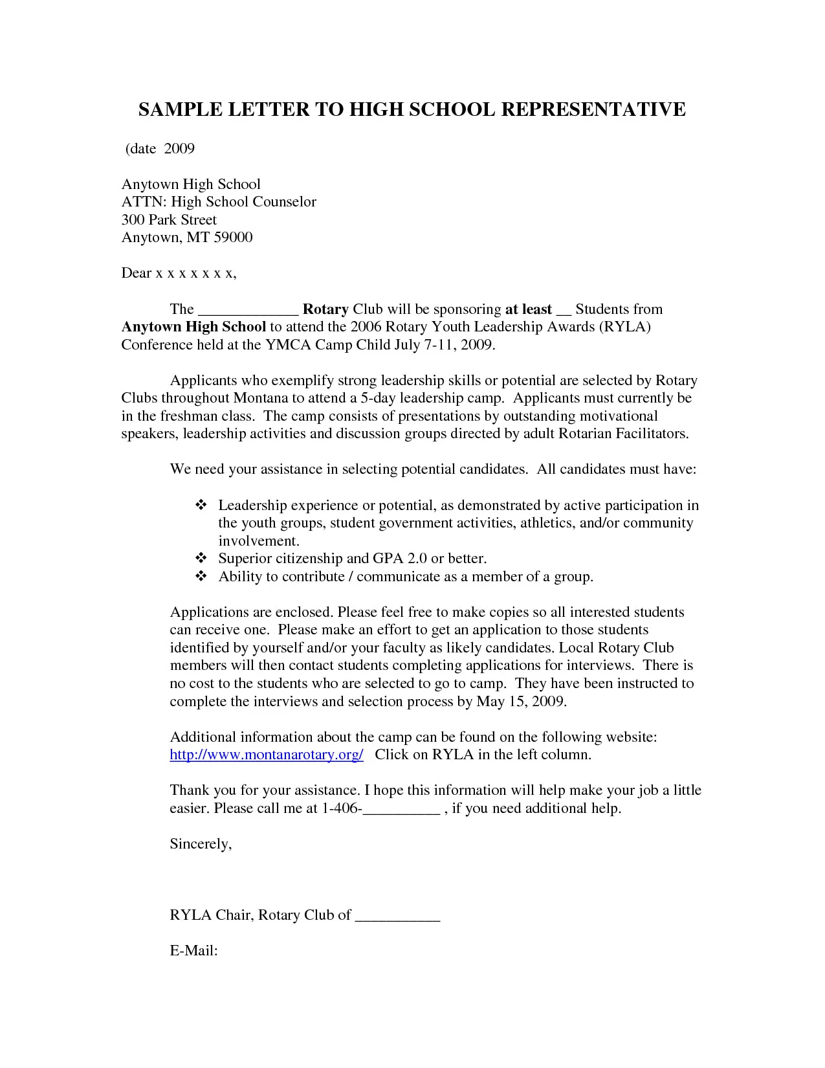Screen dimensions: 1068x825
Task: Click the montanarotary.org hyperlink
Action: point(267,755)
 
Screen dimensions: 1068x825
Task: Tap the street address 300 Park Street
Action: point(169,220)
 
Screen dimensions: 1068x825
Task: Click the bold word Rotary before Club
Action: point(325,309)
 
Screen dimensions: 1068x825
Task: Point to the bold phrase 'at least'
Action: point(528,309)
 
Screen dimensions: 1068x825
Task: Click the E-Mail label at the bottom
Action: point(193,951)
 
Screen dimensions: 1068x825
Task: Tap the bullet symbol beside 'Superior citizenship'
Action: point(201,558)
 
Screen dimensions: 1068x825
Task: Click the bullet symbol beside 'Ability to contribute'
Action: point(201,576)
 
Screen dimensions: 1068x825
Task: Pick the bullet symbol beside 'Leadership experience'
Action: point(201,505)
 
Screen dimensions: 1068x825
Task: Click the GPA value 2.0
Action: point(417,559)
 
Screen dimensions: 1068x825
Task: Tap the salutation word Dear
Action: point(136,273)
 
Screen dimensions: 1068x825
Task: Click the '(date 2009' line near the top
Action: point(160,149)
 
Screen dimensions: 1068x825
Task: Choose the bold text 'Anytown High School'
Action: point(193,327)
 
